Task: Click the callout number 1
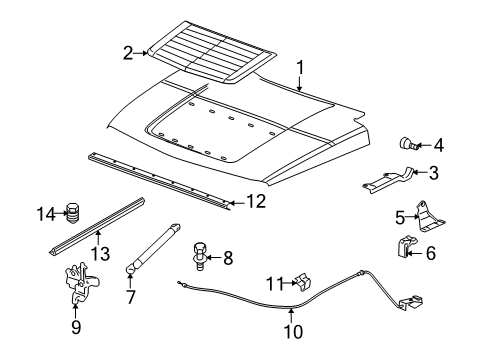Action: [298, 68]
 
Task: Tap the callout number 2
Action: [128, 53]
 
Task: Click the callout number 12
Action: [256, 201]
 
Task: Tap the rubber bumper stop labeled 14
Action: [71, 213]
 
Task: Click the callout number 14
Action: [44, 212]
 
